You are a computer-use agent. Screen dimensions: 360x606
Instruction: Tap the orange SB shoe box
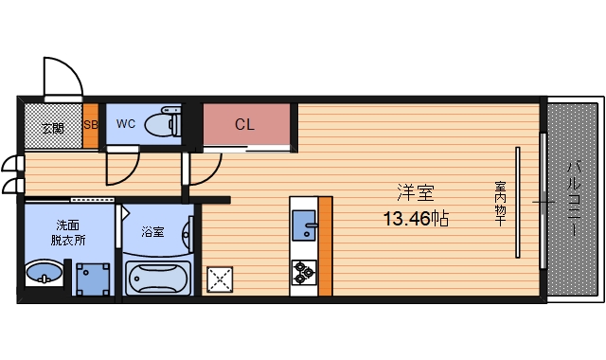[90, 124]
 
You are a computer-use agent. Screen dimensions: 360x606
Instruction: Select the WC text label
[126, 123]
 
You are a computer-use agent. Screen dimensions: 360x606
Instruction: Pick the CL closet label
[244, 123]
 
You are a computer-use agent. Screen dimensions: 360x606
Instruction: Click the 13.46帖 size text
[415, 219]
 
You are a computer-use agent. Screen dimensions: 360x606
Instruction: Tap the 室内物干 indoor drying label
[499, 204]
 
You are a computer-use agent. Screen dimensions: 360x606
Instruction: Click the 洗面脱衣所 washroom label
[68, 232]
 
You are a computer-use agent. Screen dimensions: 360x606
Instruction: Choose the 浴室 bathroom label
[152, 230]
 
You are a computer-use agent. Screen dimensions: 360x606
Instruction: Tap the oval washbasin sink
[44, 276]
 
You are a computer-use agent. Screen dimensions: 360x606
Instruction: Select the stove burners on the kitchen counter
[303, 272]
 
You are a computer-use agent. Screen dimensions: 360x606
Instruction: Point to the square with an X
[221, 278]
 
